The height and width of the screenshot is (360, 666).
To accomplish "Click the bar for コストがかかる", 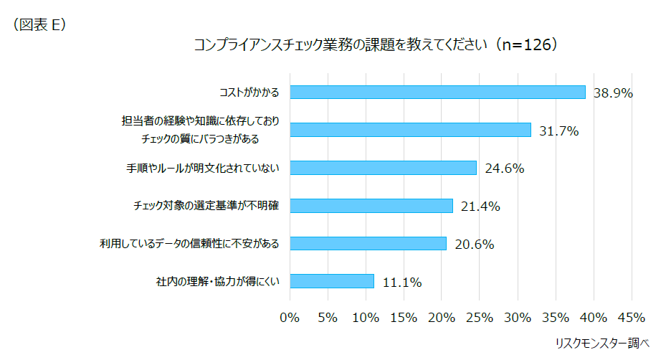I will coord(437,93).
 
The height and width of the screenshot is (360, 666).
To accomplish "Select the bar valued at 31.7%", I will coord(410,130).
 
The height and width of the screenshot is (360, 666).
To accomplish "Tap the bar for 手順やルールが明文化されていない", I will coord(383,168).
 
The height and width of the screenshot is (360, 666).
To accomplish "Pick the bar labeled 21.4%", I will coord(371,206).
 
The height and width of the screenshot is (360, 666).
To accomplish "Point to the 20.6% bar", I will coord(368,243).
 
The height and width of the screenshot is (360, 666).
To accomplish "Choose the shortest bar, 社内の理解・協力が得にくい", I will coord(332,281).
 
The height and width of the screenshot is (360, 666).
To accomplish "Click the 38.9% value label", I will coord(613,93).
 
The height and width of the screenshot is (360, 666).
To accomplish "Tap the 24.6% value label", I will coord(504,169).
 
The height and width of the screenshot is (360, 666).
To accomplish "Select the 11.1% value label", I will coord(401,282).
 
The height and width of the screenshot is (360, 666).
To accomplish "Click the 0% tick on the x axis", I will coord(290,317).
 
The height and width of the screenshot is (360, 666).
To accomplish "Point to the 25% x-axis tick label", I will coord(479,317).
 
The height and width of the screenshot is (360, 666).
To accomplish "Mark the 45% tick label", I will coord(631,317).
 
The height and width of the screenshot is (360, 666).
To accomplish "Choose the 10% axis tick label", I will coord(365,317).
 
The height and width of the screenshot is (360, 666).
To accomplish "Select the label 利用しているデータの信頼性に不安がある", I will coord(189,244).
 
